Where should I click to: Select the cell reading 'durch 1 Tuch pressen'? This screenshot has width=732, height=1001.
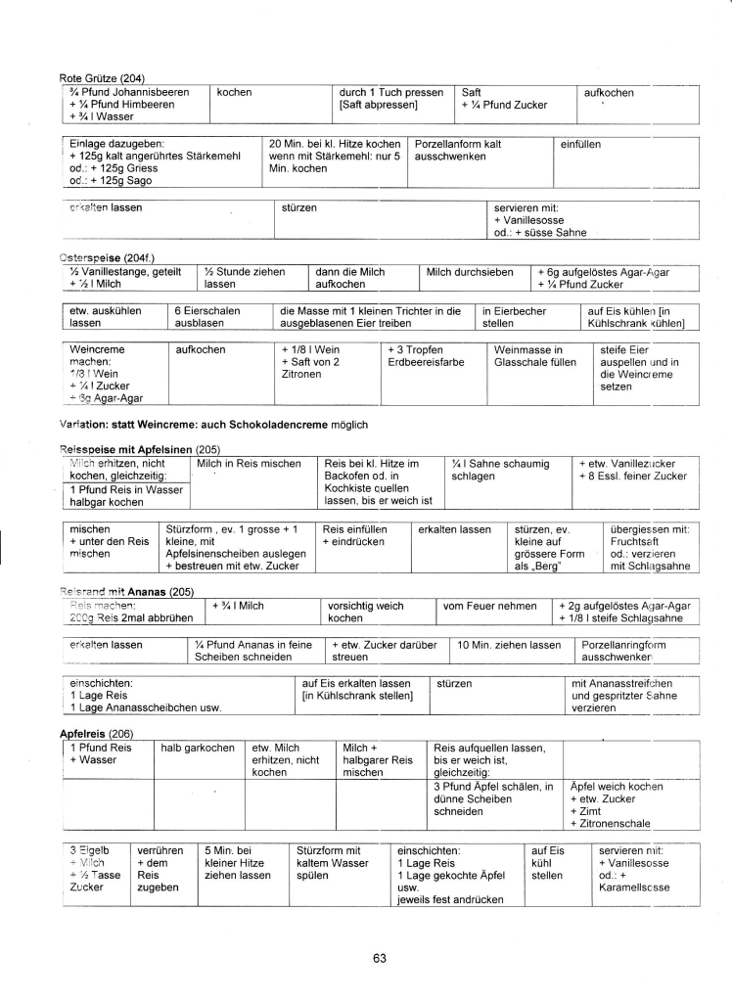[390, 98]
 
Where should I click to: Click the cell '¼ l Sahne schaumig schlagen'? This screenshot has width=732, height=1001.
[500, 470]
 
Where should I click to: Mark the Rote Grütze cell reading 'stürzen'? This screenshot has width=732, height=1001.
[298, 208]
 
